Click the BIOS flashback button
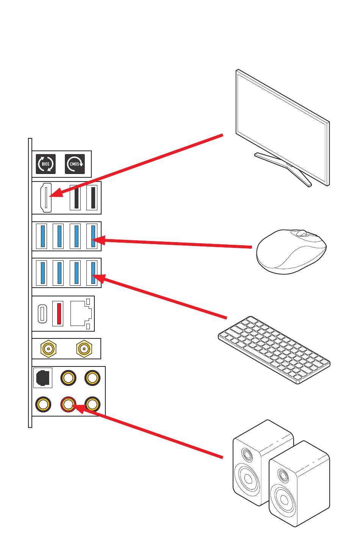click(x=45, y=164)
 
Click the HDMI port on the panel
click(x=46, y=198)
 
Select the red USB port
click(x=58, y=313)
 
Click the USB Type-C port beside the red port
click(x=43, y=313)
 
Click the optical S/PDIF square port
click(x=42, y=378)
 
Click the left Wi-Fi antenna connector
click(x=49, y=348)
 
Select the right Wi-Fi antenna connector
click(x=84, y=348)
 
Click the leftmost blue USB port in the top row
click(x=42, y=236)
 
